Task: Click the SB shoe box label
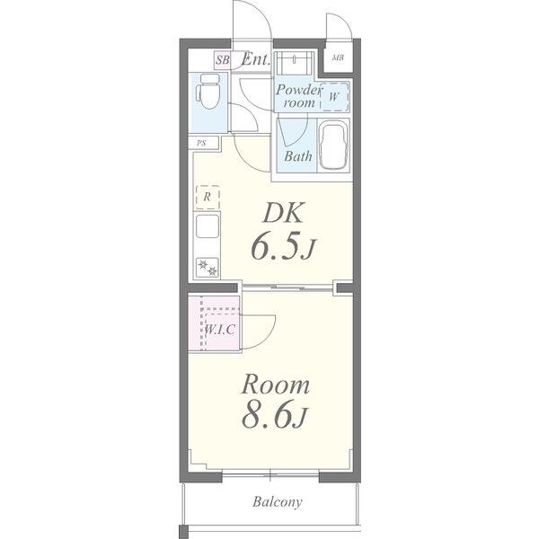click(222, 60)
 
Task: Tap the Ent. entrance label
click(256, 59)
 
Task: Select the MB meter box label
click(338, 57)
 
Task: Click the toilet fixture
click(208, 92)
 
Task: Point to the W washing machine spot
click(334, 97)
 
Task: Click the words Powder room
click(298, 96)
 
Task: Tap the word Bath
click(298, 156)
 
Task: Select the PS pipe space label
click(201, 143)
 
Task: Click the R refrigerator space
click(208, 197)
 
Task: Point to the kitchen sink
click(208, 225)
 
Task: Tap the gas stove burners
click(208, 268)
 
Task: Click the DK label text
click(284, 213)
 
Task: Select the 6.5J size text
click(283, 246)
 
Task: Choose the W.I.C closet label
click(220, 330)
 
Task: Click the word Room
click(276, 385)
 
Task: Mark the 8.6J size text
click(274, 415)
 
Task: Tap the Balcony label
click(278, 502)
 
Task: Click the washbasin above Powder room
click(295, 63)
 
